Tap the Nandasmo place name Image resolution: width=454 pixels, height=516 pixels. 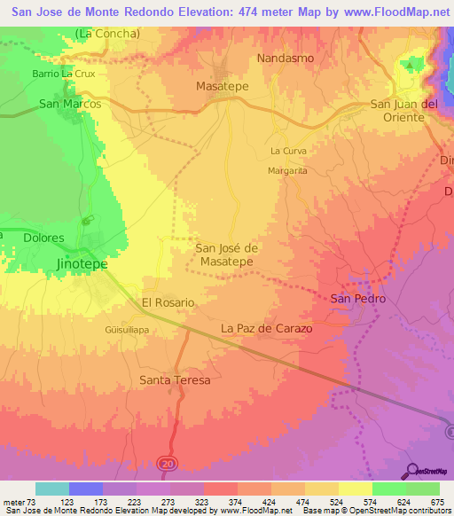coord(286,58)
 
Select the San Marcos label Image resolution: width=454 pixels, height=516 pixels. coord(70,104)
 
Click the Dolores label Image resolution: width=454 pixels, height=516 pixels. coord(44,238)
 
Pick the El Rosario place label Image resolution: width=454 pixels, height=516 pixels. coord(168,302)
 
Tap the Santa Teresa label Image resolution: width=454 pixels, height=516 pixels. coord(176,379)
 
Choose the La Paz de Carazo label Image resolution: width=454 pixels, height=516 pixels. coord(266,328)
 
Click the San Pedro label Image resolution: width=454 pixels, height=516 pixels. coord(358,299)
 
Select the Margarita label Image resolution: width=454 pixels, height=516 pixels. coord(287,170)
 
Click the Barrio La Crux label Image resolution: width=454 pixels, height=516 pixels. coord(63,74)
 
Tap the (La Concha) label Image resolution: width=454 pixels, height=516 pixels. coord(107,34)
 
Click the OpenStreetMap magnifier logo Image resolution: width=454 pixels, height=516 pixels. coord(411,470)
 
